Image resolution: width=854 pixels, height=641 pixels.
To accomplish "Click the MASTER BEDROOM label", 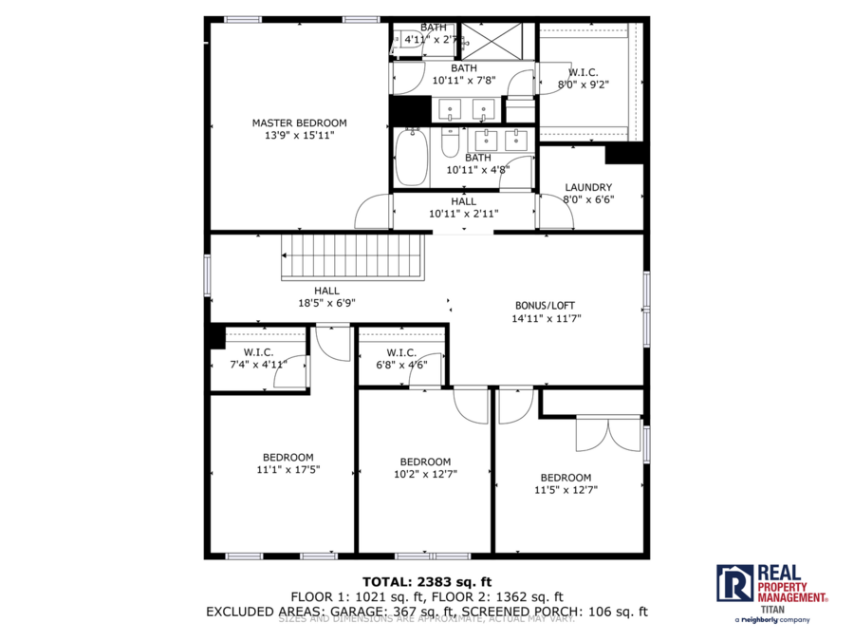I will pyautogui.click(x=299, y=123).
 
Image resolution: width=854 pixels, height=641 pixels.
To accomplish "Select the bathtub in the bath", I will pyautogui.click(x=412, y=158).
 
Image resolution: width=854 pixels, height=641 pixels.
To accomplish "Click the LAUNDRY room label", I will pyautogui.click(x=588, y=187).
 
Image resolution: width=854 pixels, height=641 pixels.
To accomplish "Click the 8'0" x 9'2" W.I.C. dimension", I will pyautogui.click(x=583, y=85).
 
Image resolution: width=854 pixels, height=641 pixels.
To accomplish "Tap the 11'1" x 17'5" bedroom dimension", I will pyautogui.click(x=288, y=470).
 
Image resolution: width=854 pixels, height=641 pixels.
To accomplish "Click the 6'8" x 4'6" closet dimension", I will pyautogui.click(x=401, y=365).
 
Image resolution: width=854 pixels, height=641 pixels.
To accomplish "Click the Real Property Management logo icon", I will pyautogui.click(x=734, y=582).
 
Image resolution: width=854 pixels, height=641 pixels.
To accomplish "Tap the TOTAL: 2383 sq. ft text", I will pyautogui.click(x=426, y=581).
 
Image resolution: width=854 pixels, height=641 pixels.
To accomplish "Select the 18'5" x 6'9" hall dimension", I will pyautogui.click(x=326, y=304).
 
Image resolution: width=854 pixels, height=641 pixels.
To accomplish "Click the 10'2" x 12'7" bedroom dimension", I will pyautogui.click(x=425, y=474).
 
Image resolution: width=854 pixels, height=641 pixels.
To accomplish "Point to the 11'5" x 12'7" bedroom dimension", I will pyautogui.click(x=566, y=490).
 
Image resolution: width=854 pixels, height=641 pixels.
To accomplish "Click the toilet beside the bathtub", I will pyautogui.click(x=451, y=145).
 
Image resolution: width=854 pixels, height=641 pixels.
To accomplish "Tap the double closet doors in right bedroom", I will pyautogui.click(x=608, y=434).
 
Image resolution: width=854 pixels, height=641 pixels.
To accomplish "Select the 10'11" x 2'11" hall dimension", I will pyautogui.click(x=464, y=214).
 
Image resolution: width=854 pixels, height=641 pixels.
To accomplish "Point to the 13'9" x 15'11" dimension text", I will pyautogui.click(x=299, y=136).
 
